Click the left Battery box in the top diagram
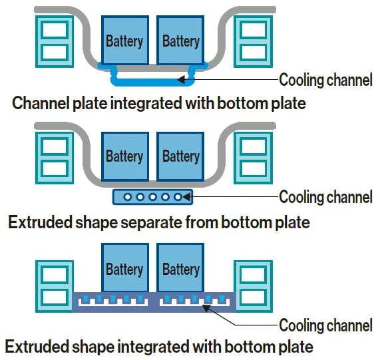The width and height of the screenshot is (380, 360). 124,41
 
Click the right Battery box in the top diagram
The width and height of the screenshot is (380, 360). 180,41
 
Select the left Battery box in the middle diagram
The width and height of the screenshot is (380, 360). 124,156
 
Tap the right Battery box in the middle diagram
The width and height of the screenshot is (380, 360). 180,156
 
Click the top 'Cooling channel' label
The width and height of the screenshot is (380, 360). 325,81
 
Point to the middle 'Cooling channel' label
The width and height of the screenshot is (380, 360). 325,197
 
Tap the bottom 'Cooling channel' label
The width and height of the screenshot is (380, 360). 325,325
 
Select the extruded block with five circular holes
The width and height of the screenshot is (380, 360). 153,197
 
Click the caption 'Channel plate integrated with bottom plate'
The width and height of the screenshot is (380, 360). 159,104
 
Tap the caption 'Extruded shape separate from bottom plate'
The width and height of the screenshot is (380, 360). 159,222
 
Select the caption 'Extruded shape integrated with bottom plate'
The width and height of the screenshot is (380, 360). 159,347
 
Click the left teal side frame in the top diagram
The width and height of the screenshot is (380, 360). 54,41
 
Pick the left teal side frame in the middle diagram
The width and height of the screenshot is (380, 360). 54,157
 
